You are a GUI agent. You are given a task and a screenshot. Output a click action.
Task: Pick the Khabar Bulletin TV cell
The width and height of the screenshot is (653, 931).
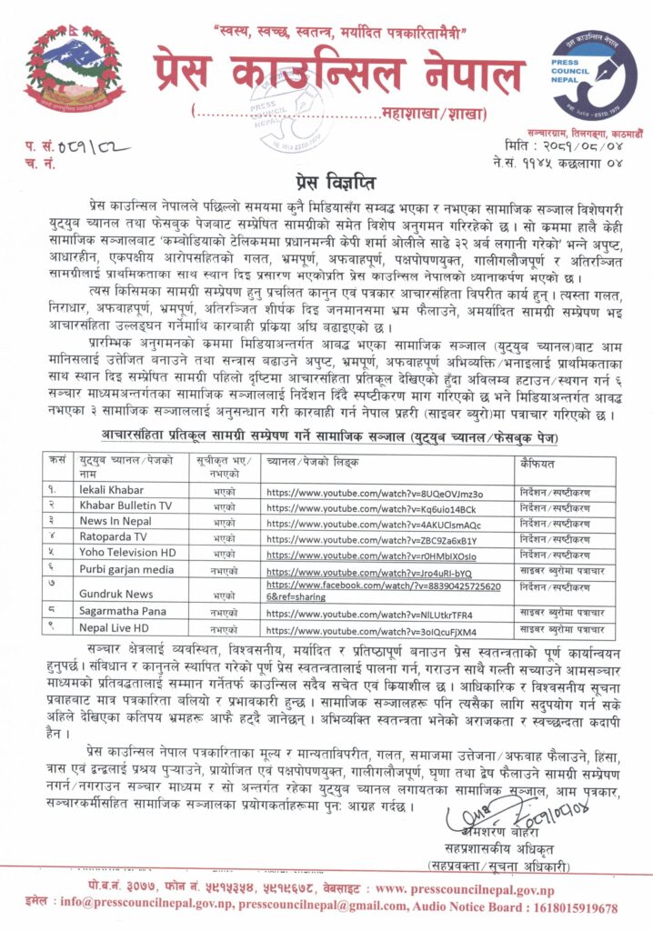125,506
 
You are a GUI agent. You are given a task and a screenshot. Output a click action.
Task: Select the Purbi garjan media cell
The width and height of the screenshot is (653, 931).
126,572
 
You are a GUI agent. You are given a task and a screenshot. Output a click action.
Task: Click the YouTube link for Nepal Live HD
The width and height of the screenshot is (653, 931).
373,630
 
